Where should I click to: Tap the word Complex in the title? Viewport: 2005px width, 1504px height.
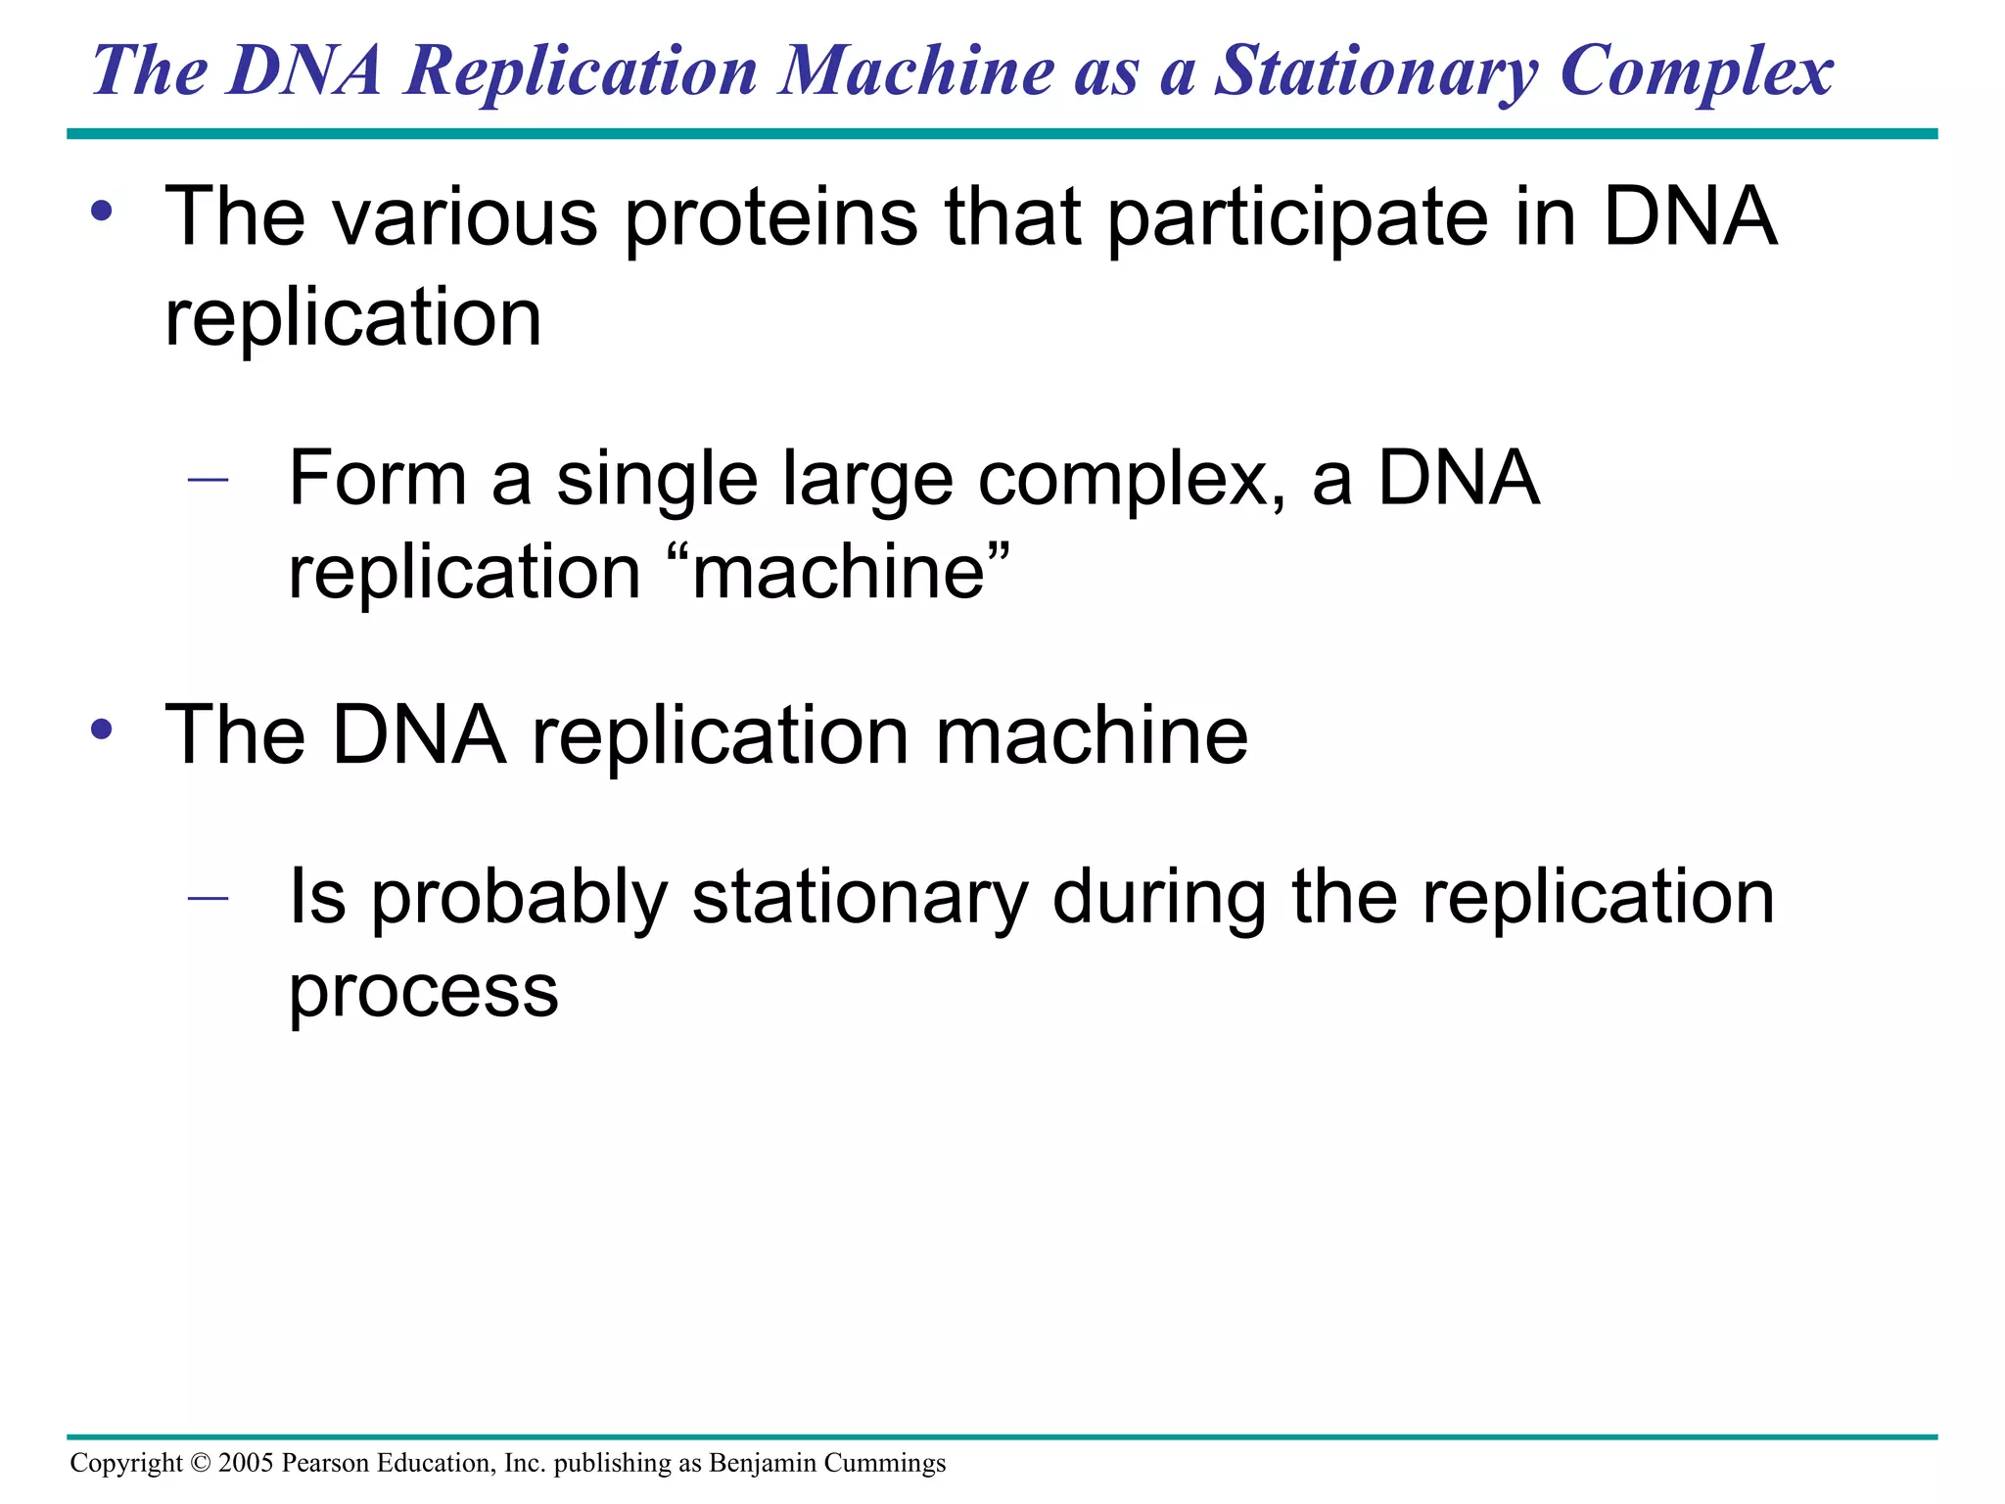[x=1696, y=72]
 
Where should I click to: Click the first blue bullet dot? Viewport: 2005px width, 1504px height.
[x=102, y=211]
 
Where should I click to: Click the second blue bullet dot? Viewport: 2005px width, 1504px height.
[x=102, y=729]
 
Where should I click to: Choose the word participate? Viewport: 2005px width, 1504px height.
[x=1298, y=217]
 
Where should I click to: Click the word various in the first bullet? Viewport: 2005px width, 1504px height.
[x=464, y=217]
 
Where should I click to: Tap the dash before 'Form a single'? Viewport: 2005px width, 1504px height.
[x=208, y=480]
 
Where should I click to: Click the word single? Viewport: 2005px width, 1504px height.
[x=657, y=480]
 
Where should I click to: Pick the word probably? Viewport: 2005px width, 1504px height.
[x=519, y=899]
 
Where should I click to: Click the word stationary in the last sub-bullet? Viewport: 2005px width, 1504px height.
[x=861, y=899]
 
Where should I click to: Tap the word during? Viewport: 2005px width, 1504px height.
[x=1159, y=899]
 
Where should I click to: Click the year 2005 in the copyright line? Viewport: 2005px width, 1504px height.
[x=246, y=1463]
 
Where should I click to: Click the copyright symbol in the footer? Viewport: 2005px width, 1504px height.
[x=201, y=1463]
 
